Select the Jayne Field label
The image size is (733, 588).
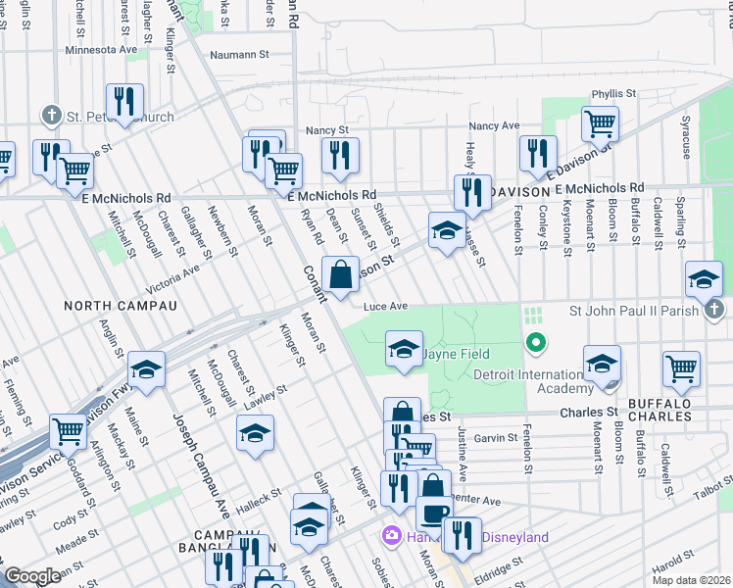[457, 354]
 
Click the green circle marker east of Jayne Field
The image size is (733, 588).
[535, 343]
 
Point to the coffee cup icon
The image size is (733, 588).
[434, 513]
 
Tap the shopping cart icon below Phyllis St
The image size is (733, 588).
[600, 123]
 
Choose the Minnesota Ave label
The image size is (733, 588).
[102, 49]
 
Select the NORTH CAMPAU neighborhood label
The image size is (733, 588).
[120, 306]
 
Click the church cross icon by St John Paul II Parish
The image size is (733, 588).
[714, 311]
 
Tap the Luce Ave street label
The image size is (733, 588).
[385, 307]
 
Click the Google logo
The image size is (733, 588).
[32, 575]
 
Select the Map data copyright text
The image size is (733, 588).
[692, 580]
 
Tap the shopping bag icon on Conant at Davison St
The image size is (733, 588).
[340, 277]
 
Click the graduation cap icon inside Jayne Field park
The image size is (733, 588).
[404, 351]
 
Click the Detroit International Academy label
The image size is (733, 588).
[527, 381]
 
